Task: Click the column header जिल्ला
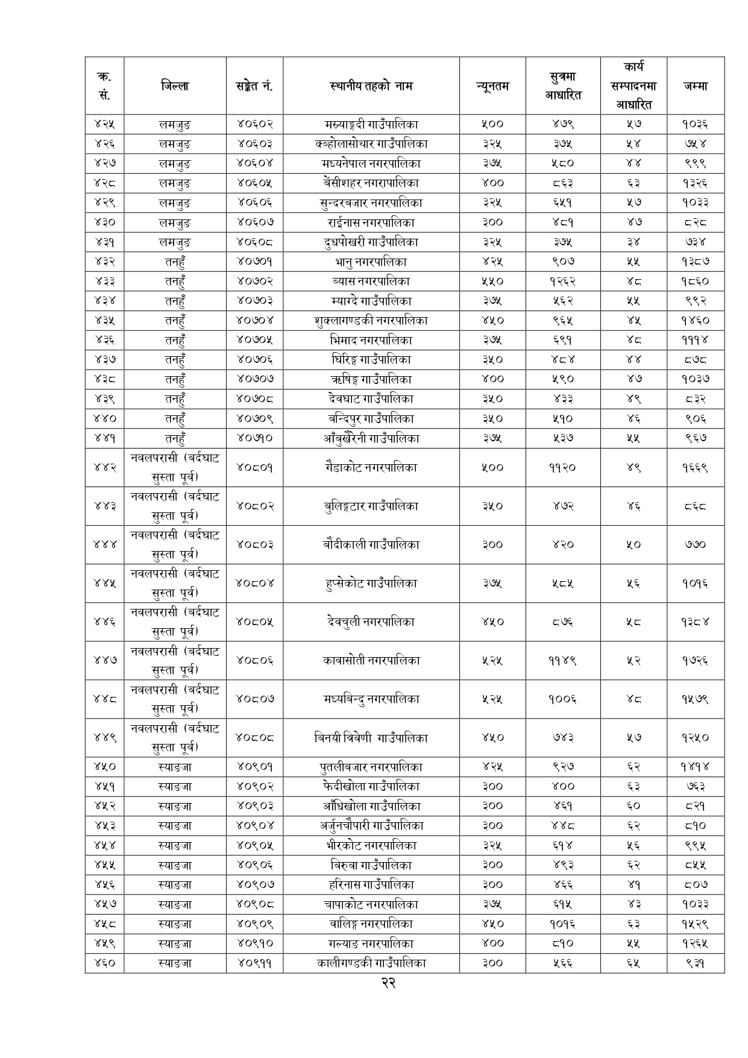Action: pyautogui.click(x=175, y=86)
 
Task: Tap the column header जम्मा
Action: pyautogui.click(x=695, y=86)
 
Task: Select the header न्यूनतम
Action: pyautogui.click(x=492, y=86)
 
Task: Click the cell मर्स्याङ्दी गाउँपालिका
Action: pyautogui.click(x=371, y=124)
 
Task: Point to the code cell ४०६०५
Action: pyautogui.click(x=254, y=183)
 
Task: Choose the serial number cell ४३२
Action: pyautogui.click(x=104, y=262)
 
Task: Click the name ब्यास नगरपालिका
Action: pyautogui.click(x=371, y=281)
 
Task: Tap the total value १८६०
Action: pyautogui.click(x=695, y=281)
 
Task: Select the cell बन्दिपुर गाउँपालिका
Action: pyautogui.click(x=371, y=418)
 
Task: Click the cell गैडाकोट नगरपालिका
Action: pyautogui.click(x=371, y=467)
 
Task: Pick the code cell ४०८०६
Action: pyautogui.click(x=254, y=660)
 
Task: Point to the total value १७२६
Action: pyautogui.click(x=695, y=660)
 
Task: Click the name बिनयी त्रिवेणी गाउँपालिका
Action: pyautogui.click(x=371, y=737)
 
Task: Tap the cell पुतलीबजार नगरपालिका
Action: pyautogui.click(x=371, y=767)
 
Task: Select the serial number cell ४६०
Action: pyautogui.click(x=104, y=963)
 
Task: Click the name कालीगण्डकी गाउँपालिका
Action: pyautogui.click(x=371, y=963)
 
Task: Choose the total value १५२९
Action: pyautogui.click(x=695, y=924)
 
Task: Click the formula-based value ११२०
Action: pyautogui.click(x=562, y=467)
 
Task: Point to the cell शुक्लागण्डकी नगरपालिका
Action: pyautogui.click(x=371, y=321)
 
